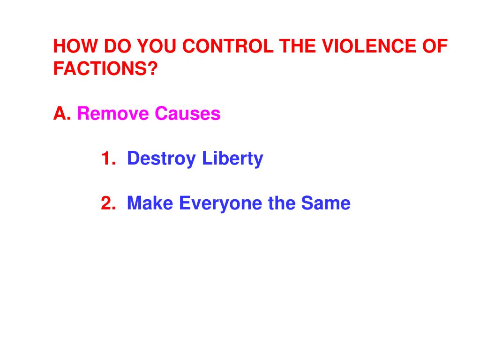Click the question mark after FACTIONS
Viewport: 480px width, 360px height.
pyautogui.click(x=152, y=69)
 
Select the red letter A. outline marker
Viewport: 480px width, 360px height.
pyautogui.click(x=62, y=114)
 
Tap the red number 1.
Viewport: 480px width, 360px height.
pyautogui.click(x=108, y=159)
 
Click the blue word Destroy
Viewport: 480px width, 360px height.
pyautogui.click(x=161, y=159)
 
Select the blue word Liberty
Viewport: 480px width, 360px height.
pyautogui.click(x=232, y=159)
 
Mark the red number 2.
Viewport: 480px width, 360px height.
pyautogui.click(x=108, y=203)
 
